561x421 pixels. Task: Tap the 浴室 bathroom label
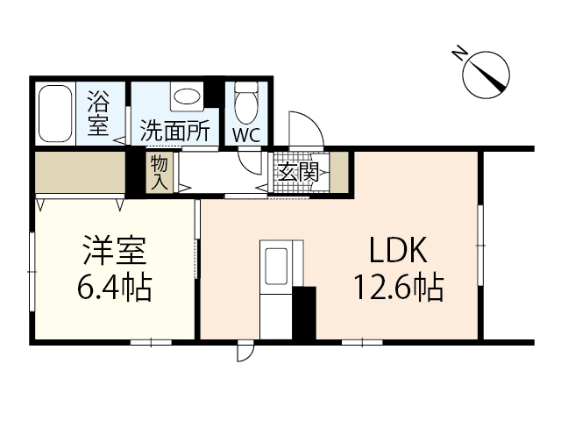pos(97,113)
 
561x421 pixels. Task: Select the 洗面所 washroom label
pos(174,132)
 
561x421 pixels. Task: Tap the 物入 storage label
pos(160,172)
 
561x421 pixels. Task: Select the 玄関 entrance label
pos(297,172)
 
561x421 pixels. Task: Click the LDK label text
pos(396,252)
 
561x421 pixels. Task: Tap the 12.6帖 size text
pos(397,287)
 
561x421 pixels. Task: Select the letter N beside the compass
pos(459,54)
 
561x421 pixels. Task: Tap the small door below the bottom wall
pos(246,351)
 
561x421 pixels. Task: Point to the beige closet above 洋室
pos(79,174)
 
